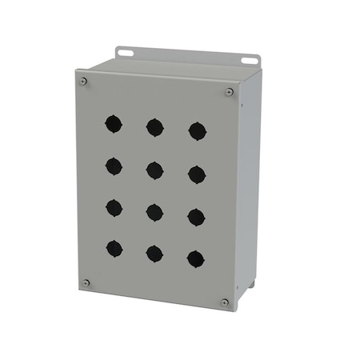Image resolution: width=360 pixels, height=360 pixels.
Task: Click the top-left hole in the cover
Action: coord(114,123)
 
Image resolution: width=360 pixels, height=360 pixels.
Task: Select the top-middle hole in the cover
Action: coord(154,127)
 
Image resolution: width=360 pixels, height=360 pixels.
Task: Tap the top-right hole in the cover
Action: coord(197,131)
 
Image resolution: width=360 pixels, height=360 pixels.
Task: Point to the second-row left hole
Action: coord(114,166)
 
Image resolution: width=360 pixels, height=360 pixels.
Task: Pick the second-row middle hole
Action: coord(154,170)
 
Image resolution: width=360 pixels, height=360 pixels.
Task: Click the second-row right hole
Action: coord(197,174)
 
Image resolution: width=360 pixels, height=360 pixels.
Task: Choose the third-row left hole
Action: coord(114,207)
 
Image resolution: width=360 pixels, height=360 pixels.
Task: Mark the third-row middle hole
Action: coord(154,212)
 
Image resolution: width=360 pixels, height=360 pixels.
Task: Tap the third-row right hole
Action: coord(196,217)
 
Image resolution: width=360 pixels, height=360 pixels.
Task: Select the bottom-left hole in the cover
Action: coord(114,248)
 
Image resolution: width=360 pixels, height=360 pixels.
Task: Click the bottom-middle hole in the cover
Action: coord(154,254)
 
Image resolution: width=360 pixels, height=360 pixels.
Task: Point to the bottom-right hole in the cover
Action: coord(195,258)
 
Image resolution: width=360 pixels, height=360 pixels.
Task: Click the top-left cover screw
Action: coord(83,80)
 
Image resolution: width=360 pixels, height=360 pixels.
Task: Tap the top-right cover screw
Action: coord(230,92)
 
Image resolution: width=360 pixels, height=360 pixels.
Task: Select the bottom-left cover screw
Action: coord(86,282)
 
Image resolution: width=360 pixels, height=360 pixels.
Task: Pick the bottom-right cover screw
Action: coord(225,302)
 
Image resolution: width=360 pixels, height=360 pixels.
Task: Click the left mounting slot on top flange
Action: coord(125,53)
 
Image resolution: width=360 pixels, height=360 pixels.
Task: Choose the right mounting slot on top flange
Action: coord(250,60)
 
